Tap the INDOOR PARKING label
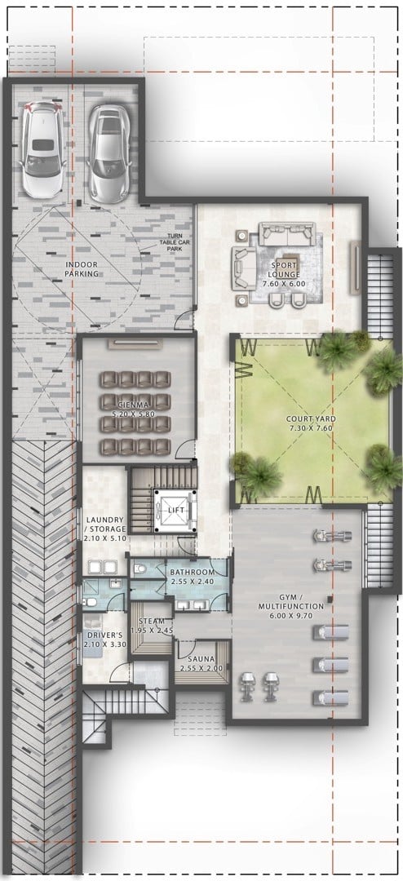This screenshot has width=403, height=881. coord(82,269)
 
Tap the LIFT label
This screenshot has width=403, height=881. coord(176,510)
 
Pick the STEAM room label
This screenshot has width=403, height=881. coord(152,622)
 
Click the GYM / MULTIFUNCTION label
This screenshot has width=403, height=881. coord(290,603)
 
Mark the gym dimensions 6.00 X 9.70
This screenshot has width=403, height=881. coord(290,616)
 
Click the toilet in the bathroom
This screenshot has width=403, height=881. coord(140,569)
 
